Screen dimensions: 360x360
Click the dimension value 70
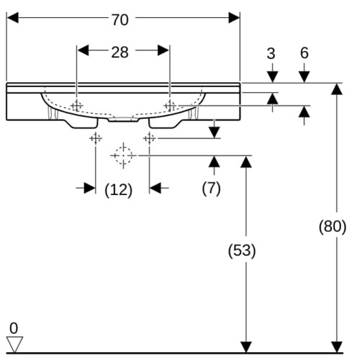click(120, 19)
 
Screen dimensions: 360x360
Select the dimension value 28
click(120, 52)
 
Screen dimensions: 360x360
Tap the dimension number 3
click(271, 53)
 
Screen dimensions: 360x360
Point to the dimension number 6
click(305, 53)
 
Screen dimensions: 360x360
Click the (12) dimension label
click(119, 190)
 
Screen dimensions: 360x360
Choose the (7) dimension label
click(211, 189)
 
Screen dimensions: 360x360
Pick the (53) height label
click(242, 251)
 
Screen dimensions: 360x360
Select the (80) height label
click(333, 226)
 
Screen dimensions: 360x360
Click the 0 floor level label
click(14, 328)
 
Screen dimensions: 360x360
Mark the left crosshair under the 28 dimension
click(76, 106)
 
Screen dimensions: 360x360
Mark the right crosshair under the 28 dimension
click(170, 106)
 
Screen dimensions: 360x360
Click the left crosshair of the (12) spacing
click(96, 138)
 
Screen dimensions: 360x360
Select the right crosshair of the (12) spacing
click(149, 138)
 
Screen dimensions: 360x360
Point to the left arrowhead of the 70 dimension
click(12, 18)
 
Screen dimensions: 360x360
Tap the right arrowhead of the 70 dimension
click(234, 18)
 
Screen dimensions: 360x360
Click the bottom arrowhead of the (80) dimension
click(337, 347)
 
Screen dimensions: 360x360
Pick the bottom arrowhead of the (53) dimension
click(246, 347)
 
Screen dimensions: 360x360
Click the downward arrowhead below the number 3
click(272, 77)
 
